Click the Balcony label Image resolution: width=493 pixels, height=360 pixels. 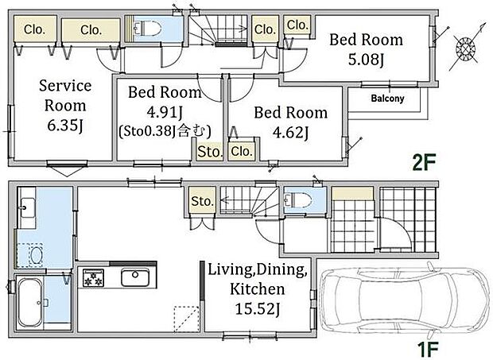(x=387, y=99)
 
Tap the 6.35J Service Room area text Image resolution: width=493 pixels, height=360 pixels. (x=65, y=126)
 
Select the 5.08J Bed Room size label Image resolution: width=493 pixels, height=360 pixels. (x=366, y=60)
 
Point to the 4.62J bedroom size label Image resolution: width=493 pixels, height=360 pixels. (x=290, y=132)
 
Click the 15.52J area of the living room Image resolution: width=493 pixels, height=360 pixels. (x=258, y=309)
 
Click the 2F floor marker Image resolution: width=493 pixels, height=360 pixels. (x=425, y=162)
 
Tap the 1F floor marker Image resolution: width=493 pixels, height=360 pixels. (x=427, y=349)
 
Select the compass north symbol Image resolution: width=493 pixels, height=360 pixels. (x=466, y=48)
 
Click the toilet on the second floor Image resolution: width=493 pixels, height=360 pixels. (x=147, y=29)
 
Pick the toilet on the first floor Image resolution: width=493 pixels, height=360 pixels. (x=297, y=199)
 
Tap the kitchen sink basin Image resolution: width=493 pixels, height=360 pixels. (x=135, y=277)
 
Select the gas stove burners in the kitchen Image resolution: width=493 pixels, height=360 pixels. (x=93, y=277)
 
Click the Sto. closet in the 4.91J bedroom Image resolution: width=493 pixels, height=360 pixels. (x=209, y=153)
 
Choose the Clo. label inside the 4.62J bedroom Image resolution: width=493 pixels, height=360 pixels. (x=242, y=152)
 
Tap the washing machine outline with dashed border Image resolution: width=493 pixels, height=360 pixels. (x=30, y=255)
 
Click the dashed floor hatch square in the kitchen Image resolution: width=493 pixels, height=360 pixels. (x=187, y=319)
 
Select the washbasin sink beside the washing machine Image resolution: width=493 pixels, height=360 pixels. (x=27, y=208)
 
